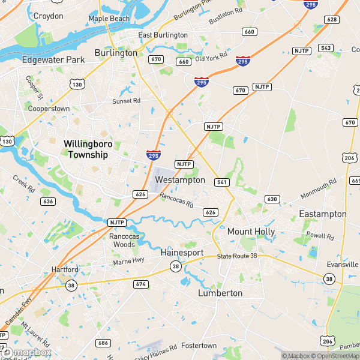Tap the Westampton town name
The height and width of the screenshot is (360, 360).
tap(180, 180)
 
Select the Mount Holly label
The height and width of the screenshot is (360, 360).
tap(251, 231)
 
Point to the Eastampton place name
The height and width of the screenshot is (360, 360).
tap(323, 214)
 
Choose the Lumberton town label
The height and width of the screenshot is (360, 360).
tap(220, 293)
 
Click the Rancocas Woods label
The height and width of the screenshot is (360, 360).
tap(122, 241)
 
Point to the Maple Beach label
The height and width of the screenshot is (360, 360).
tap(109, 19)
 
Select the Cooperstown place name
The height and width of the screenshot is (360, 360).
tap(49, 109)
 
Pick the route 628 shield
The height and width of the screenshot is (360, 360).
tap(331, 20)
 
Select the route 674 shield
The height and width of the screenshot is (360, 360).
tap(141, 284)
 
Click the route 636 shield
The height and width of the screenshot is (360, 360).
tap(48, 201)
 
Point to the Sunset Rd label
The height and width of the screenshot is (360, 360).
tap(126, 101)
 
